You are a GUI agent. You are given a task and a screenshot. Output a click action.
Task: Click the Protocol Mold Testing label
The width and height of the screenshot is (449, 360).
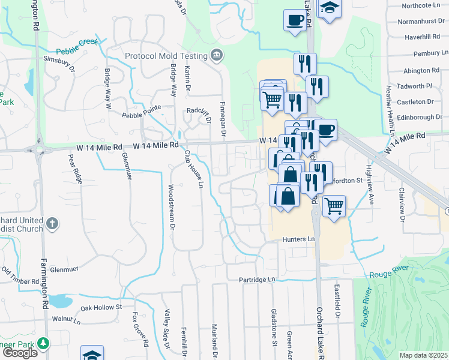coord(166,56)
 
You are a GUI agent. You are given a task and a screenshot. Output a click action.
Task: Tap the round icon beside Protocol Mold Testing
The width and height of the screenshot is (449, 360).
coord(217,56)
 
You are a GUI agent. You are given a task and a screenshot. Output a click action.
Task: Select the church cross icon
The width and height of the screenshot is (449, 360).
coord(53,224)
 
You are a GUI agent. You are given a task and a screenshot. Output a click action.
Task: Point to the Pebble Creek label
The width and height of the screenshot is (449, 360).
coord(76,51)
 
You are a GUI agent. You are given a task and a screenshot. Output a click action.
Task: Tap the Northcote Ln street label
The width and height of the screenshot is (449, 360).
coord(421,5)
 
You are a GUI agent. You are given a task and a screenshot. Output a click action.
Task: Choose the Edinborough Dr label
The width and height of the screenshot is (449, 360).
coord(418,117)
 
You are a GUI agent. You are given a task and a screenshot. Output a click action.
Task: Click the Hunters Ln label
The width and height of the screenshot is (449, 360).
coord(298,239)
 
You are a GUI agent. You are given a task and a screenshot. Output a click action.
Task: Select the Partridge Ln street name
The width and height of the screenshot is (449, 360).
coord(256,280)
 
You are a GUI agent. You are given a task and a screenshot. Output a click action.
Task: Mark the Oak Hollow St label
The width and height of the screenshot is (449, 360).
coord(101,307)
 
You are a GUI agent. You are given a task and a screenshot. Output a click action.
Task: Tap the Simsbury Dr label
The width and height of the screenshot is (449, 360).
coord(59,64)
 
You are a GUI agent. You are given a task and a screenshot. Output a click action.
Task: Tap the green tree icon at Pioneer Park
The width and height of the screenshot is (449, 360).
coord(43,343)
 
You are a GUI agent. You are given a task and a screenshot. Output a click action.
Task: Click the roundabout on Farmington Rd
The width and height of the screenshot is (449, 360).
coord(40,149)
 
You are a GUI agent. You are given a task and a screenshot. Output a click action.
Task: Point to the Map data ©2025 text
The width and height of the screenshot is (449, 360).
coord(423,355)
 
